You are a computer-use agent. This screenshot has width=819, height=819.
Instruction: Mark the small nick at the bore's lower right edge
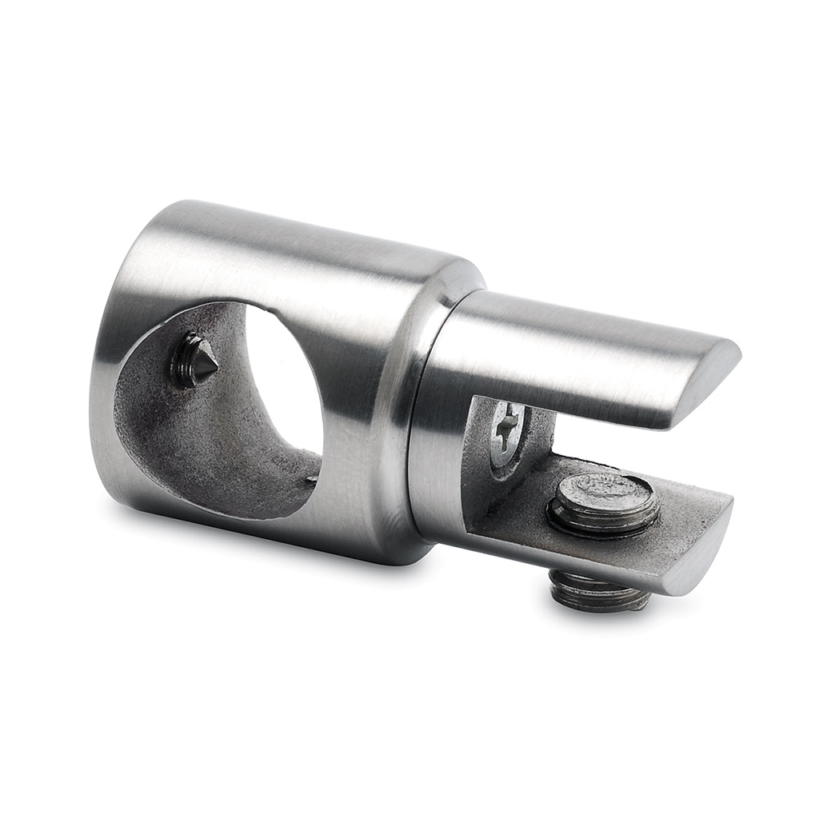(312, 481)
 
